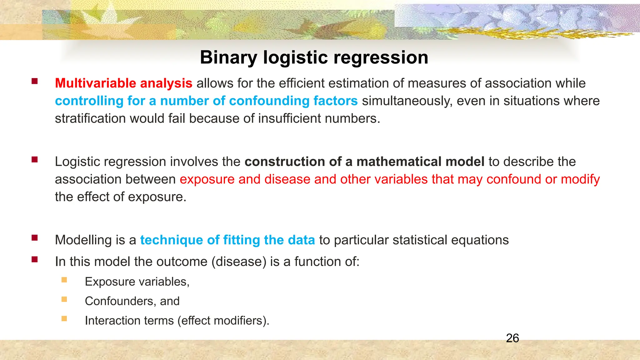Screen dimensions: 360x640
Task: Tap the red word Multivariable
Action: [95, 83]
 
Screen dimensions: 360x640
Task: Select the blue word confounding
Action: [269, 101]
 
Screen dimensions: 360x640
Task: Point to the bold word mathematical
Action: [399, 162]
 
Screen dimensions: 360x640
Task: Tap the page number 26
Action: [512, 338]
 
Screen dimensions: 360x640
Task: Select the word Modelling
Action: [83, 240]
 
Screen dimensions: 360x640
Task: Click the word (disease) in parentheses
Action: [239, 262]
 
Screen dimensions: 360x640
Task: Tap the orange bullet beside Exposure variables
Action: [64, 280]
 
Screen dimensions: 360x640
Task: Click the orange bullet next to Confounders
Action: [64, 299]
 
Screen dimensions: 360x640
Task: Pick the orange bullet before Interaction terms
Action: [64, 319]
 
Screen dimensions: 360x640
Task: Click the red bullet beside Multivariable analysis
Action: [35, 82]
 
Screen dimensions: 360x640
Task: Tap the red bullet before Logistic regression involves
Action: [35, 160]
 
